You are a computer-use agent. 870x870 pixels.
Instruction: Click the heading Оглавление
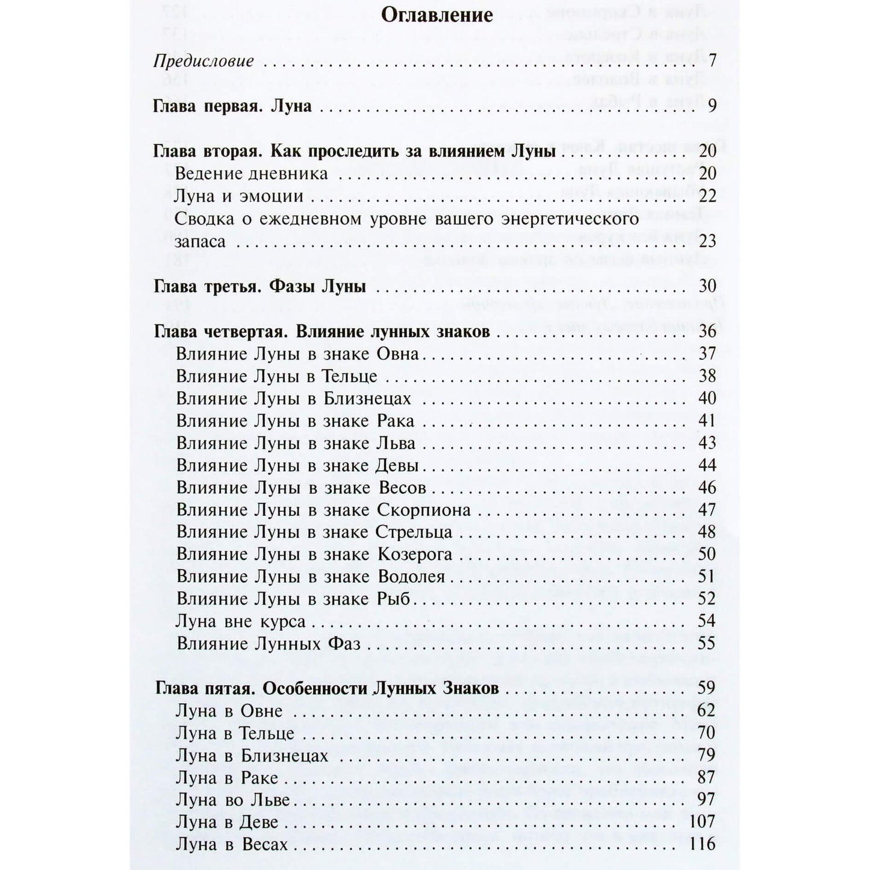tap(437, 14)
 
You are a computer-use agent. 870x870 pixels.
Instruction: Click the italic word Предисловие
tap(204, 61)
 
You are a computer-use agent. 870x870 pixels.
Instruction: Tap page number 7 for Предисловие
tap(712, 61)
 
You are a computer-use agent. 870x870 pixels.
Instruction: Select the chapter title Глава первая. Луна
tap(233, 107)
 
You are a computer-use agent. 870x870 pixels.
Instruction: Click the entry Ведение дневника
tap(251, 174)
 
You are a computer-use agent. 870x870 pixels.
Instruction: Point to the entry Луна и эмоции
tap(238, 196)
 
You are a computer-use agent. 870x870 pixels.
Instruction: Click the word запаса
tap(200, 241)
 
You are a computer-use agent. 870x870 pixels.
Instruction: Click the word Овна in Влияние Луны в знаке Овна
tap(397, 353)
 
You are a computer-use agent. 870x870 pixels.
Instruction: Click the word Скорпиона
tap(423, 510)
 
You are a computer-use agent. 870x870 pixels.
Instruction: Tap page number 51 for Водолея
tap(707, 577)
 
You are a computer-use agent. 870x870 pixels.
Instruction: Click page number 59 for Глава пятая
tap(707, 688)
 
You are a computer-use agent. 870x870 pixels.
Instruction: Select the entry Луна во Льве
tap(233, 800)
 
